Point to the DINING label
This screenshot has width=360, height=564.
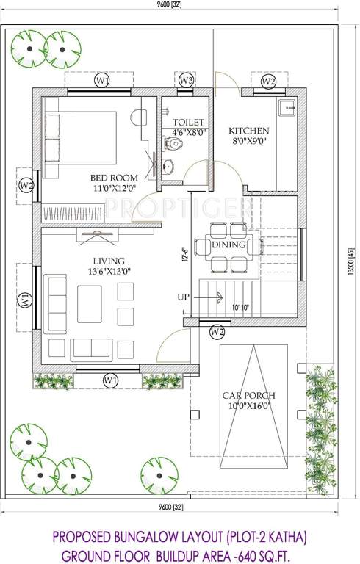coord(228,245)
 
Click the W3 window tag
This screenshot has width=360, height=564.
coord(187,80)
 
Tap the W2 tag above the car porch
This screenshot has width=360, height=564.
coord(217,333)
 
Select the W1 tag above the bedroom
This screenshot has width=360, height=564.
coord(102,80)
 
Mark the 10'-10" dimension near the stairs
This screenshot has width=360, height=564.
coord(241,308)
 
